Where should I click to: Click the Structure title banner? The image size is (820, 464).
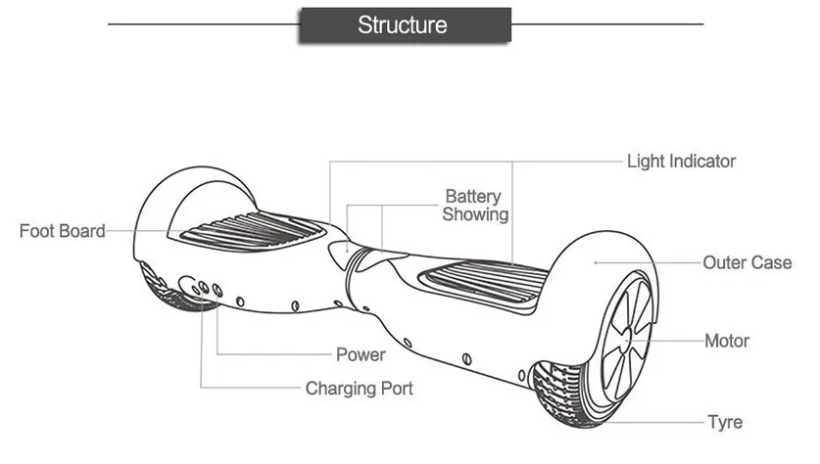[406, 24]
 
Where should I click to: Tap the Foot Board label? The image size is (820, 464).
[63, 231]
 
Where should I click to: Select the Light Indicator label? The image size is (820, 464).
[681, 161]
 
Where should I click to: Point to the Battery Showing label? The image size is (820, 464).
[475, 206]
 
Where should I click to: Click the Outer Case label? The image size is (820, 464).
[747, 262]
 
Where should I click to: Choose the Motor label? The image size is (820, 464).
[727, 341]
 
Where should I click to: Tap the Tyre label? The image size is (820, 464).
[725, 422]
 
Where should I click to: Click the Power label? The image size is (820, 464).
[361, 354]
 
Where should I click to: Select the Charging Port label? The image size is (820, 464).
[360, 389]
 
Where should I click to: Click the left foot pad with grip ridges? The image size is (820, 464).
[251, 231]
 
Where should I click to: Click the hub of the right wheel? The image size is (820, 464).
[628, 341]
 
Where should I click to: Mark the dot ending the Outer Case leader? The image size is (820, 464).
[596, 262]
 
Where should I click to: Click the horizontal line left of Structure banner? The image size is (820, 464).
[204, 24]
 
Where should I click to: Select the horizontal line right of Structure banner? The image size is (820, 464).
[607, 24]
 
